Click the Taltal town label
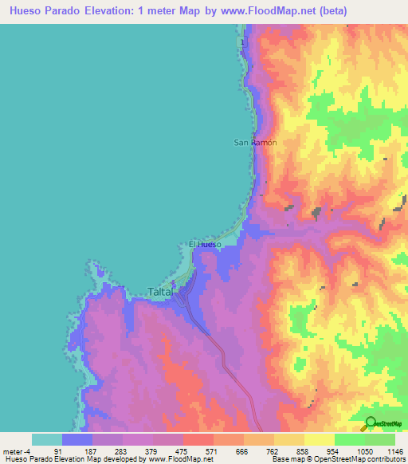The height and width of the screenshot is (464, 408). point(161,292)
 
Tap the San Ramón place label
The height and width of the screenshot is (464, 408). point(255,142)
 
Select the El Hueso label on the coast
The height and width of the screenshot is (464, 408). point(205,244)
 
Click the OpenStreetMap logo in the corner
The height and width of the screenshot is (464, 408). point(382,423)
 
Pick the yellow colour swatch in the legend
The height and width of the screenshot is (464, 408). point(319,438)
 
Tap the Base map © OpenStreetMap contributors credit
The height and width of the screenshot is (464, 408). point(338,459)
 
